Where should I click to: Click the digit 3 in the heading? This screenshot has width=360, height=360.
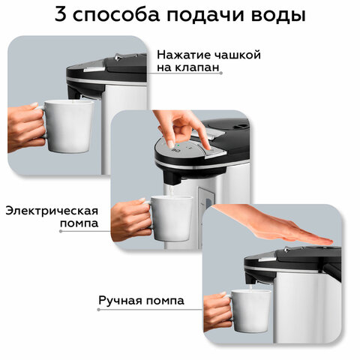[x=60, y=16]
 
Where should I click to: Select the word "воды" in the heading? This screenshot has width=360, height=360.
[x=271, y=17]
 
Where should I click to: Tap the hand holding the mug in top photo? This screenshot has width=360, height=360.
[x=26, y=127]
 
